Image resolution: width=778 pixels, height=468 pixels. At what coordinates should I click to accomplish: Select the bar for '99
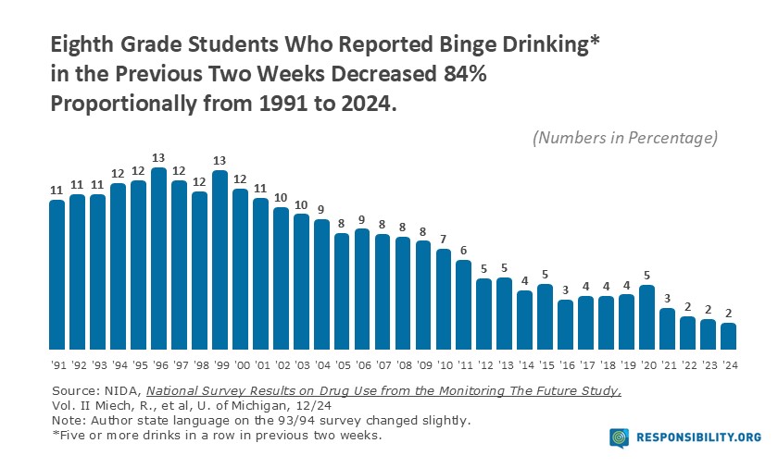tap(220, 258)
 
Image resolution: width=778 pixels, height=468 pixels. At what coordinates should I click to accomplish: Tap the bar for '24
tap(729, 334)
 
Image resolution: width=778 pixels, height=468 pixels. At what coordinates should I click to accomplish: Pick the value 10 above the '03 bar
tap(301, 205)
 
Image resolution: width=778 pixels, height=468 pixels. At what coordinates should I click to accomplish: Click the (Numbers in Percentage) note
tap(625, 138)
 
